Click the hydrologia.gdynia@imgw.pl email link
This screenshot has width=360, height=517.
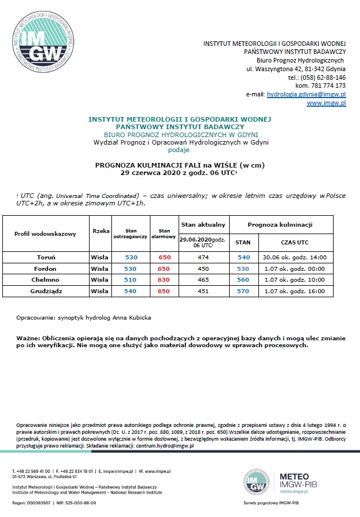point(306,94)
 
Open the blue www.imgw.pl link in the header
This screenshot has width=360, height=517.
point(326,103)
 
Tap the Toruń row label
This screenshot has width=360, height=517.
point(45,257)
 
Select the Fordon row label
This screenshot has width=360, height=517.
point(45,269)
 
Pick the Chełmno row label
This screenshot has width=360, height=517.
point(45,279)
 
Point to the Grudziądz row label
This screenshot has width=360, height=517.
point(45,291)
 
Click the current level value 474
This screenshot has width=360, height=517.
point(203,257)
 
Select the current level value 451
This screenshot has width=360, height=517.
point(203,291)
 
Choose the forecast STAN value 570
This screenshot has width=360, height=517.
point(243,291)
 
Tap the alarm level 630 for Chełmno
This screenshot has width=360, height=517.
point(164,279)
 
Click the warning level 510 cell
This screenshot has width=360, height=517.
point(130,279)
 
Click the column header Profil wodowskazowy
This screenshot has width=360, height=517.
point(45,234)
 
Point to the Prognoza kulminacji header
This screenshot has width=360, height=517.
point(280,224)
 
